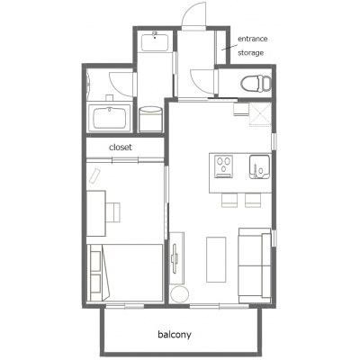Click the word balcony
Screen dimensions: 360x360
pos(175,335)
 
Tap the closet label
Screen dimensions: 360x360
pos(121,148)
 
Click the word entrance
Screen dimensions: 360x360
pos(253,39)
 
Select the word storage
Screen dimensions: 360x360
pos(251,53)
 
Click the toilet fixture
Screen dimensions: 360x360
pos(256,83)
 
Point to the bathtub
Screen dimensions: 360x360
pos(110,117)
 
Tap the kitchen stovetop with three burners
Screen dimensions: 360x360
pos(223,166)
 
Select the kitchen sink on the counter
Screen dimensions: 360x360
pos(259,166)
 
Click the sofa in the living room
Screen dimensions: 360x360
pos(255,265)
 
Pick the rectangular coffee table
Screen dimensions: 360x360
pos(216,259)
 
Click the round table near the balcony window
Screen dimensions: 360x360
pos(179,294)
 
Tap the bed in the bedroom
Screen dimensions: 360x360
pos(125,273)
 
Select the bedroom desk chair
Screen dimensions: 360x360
pos(113,212)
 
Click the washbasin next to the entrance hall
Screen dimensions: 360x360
pos(155,41)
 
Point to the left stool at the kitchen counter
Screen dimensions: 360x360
pos(229,200)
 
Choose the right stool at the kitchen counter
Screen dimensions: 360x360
pos(253,200)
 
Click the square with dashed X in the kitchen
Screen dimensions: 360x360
pos(260,114)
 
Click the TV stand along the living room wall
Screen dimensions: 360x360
pos(176,258)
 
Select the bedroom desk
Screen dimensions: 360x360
pos(96,213)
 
